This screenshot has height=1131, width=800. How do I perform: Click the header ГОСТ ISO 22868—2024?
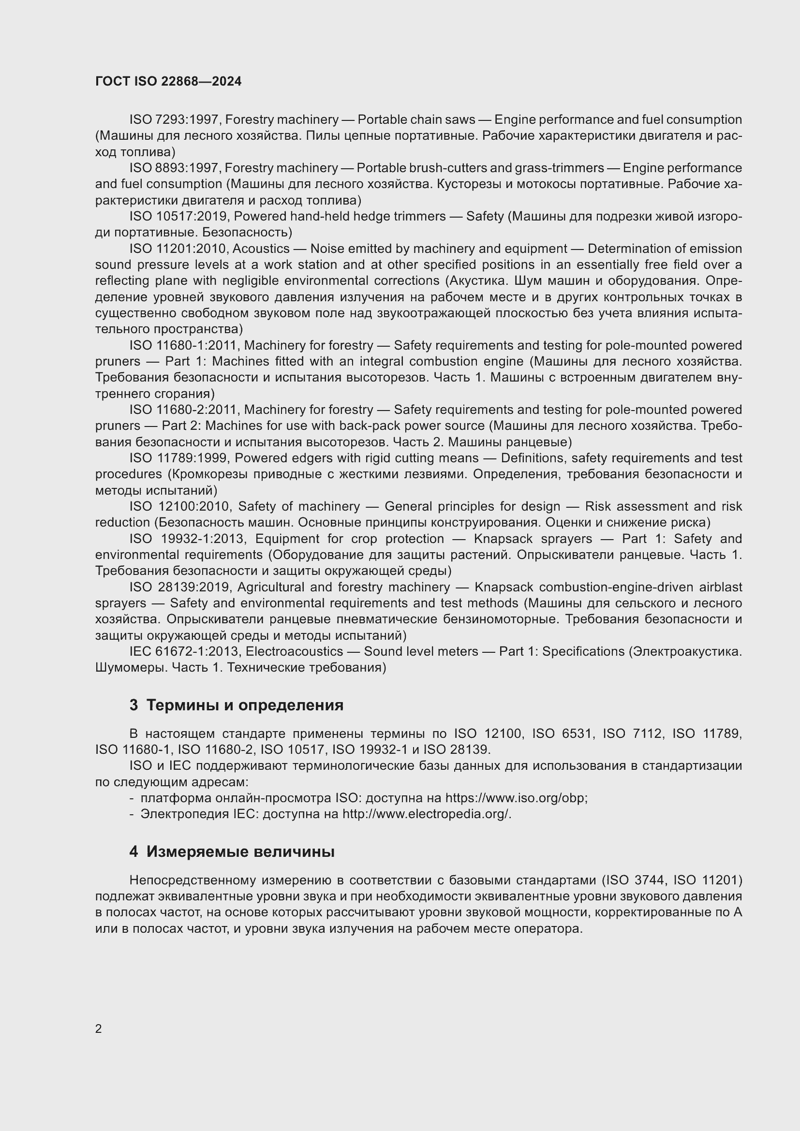(168, 82)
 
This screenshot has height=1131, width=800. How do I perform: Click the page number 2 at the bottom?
(99, 1028)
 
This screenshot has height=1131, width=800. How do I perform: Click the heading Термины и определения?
(245, 705)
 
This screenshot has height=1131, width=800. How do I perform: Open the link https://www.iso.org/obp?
(516, 798)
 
